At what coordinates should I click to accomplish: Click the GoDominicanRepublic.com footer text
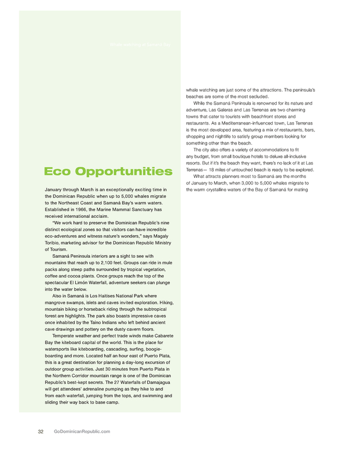82,431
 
